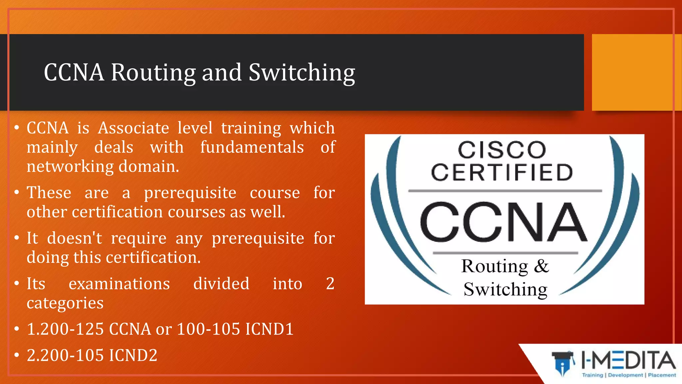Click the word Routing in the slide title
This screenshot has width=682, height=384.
coord(153,73)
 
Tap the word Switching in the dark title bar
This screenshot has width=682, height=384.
coord(302,73)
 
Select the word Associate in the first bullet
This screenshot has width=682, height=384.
coord(134,128)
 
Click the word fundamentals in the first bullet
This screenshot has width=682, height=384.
coord(252,147)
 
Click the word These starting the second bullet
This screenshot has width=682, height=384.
coord(49,193)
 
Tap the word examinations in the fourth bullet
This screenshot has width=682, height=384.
coord(119,284)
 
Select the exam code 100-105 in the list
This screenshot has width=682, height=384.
coord(208,329)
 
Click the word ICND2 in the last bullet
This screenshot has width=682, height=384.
coord(133,355)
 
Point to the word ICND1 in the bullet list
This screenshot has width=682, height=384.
coord(269,329)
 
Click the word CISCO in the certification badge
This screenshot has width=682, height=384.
coord(502,150)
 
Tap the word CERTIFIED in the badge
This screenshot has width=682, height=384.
coord(502,172)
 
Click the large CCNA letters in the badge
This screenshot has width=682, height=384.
coord(503,222)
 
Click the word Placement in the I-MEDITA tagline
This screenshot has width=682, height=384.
coord(662,375)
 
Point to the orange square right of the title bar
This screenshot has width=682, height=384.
coord(636,72)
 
